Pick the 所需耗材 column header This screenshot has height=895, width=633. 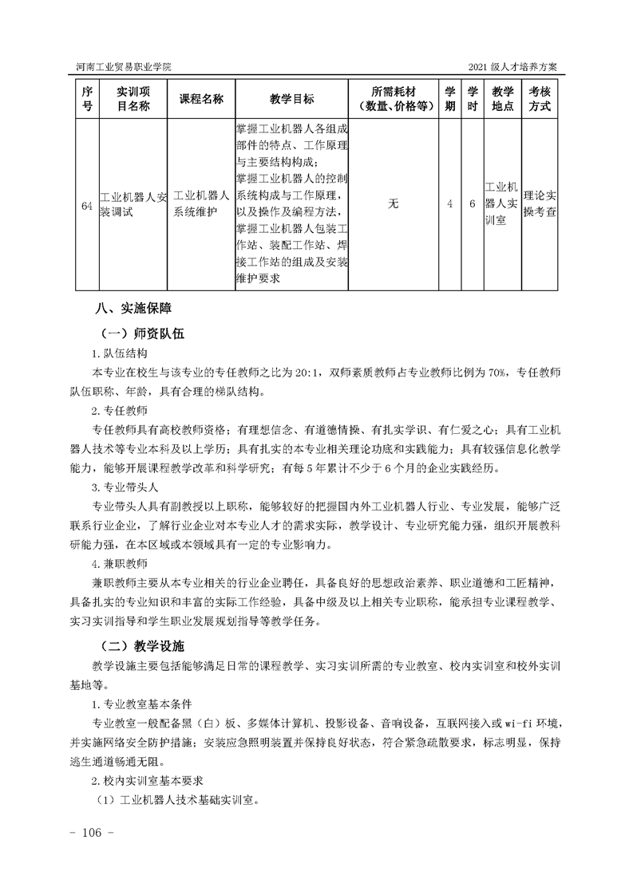(394, 99)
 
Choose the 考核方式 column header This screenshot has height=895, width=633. (540, 99)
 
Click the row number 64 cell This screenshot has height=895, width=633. (86, 205)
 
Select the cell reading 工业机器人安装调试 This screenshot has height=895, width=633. (133, 205)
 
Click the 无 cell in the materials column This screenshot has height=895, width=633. (393, 204)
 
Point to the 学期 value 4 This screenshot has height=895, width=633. (450, 204)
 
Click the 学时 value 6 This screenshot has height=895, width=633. (472, 204)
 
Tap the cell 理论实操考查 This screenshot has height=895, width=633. (540, 204)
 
